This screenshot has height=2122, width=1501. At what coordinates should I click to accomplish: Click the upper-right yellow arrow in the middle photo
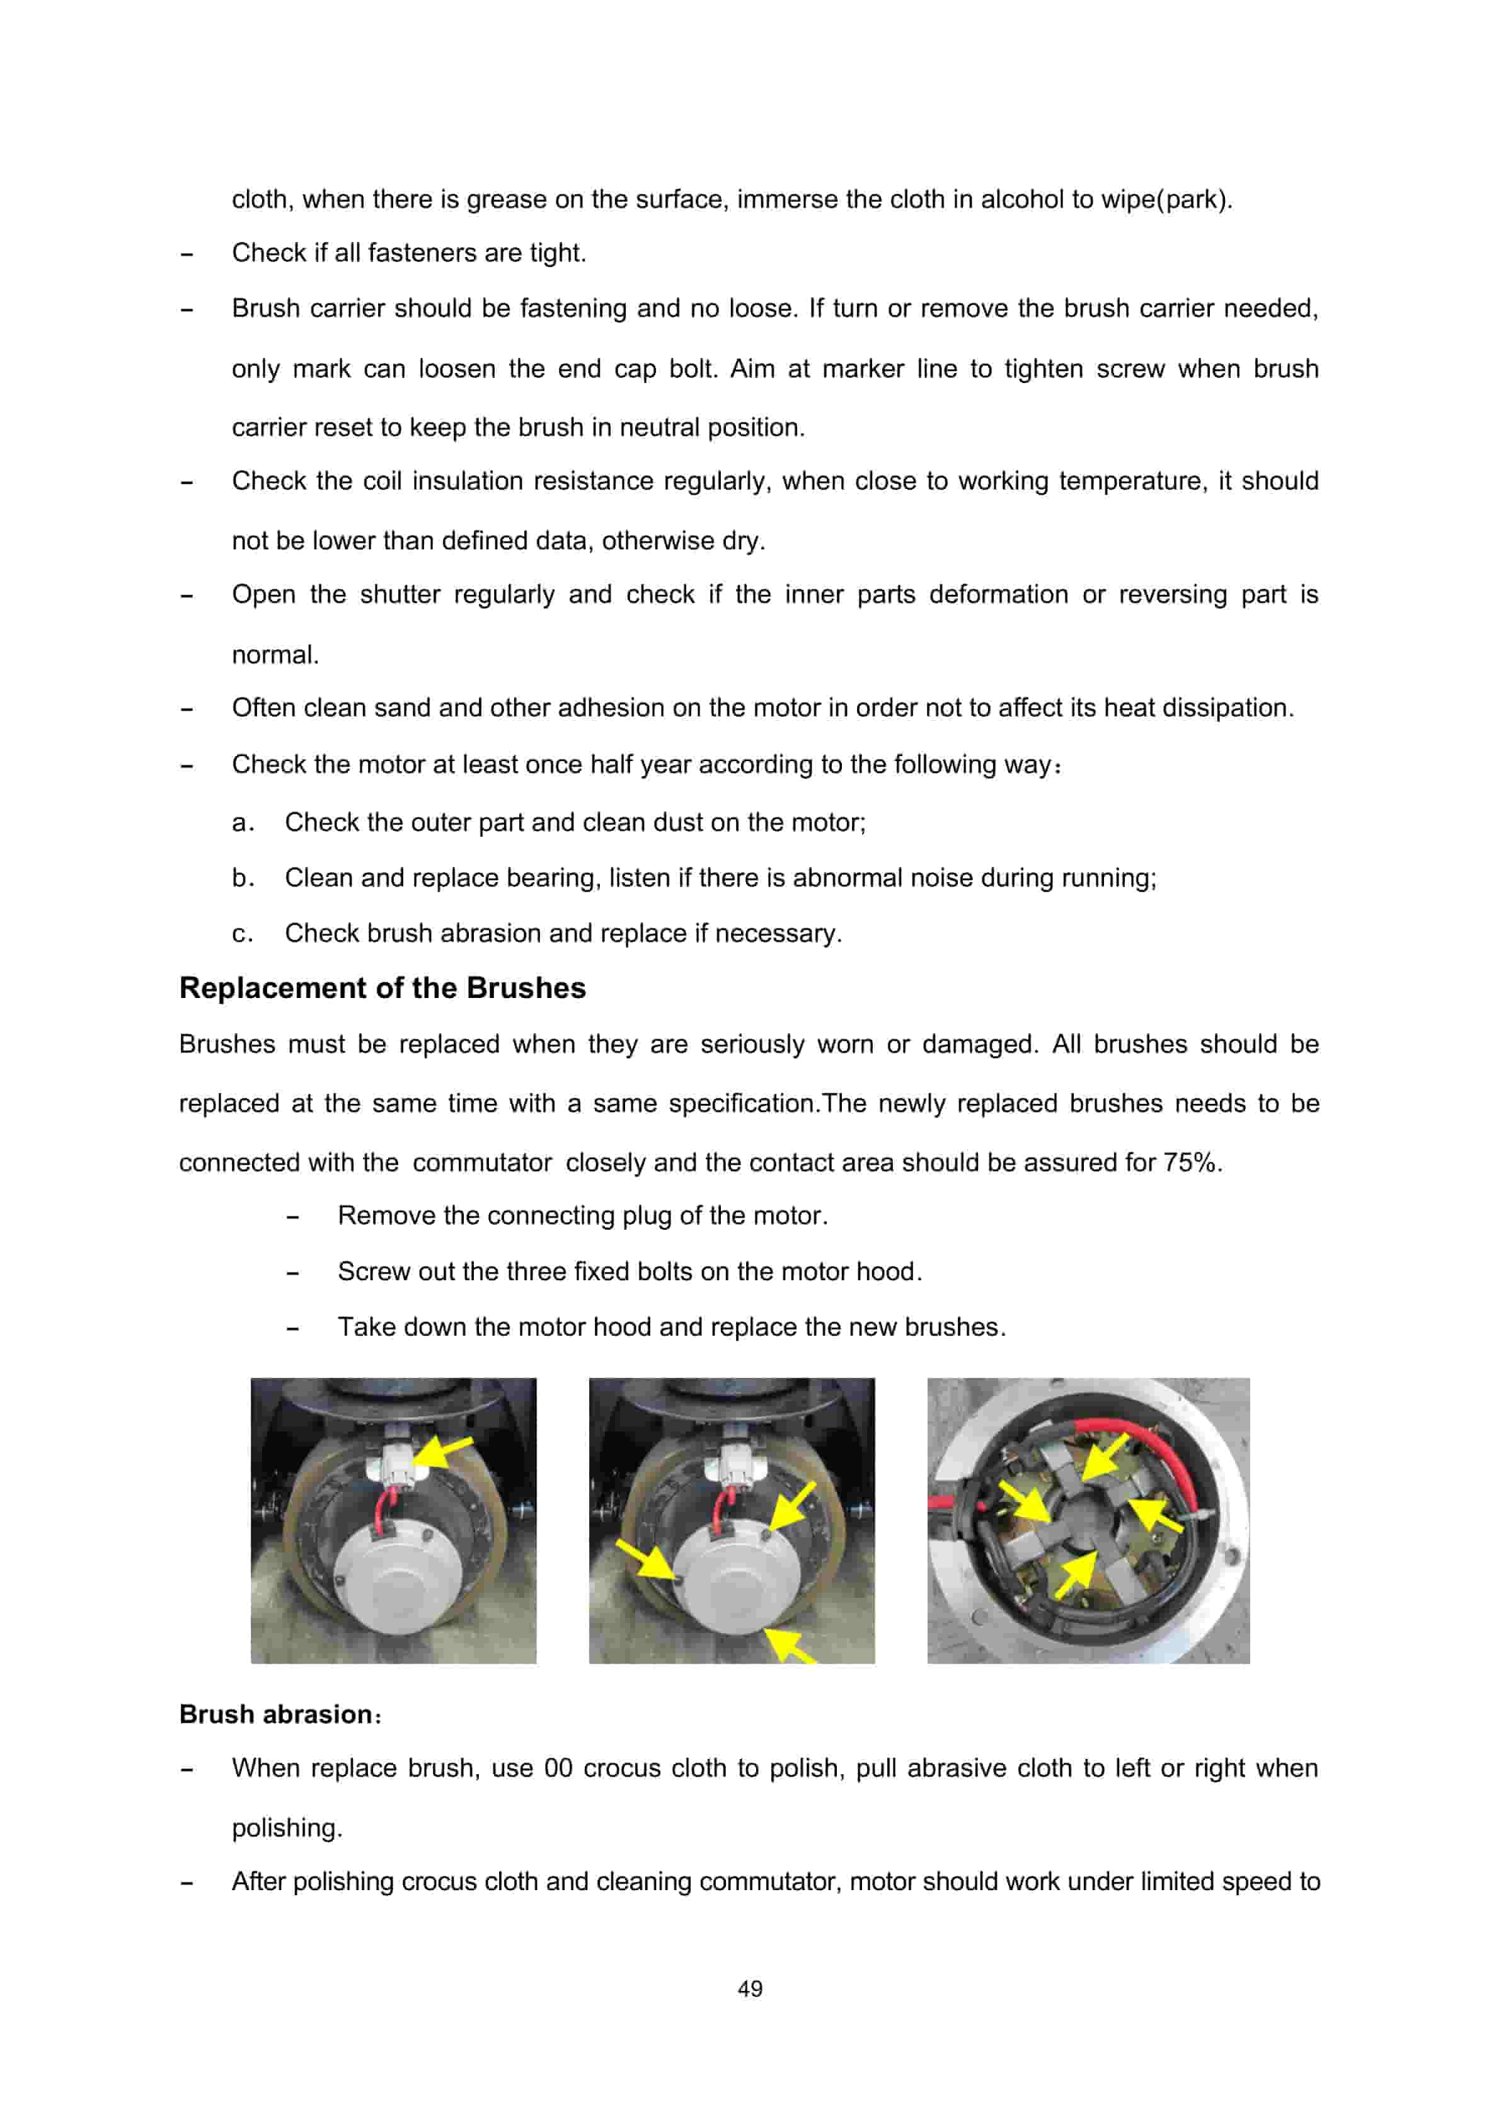[x=793, y=1506]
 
